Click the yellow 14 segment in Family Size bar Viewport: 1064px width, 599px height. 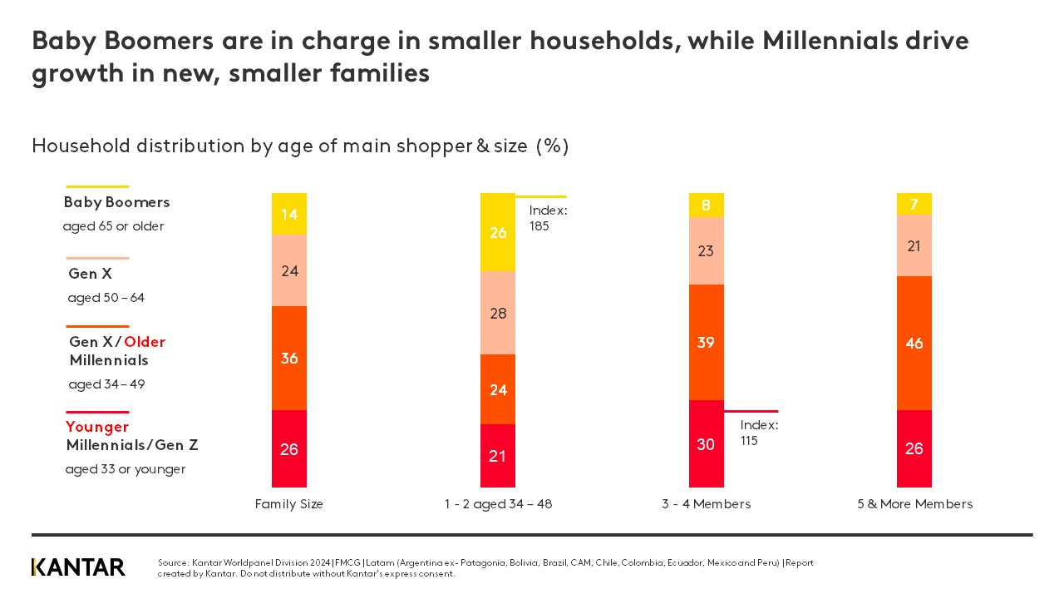tap(289, 214)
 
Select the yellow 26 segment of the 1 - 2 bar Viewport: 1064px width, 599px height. tap(498, 232)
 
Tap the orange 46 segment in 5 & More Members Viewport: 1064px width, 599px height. tap(914, 343)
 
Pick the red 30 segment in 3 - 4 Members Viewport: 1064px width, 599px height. tap(706, 444)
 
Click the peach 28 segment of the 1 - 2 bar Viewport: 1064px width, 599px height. tap(498, 313)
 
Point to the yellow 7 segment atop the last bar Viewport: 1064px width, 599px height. tap(914, 204)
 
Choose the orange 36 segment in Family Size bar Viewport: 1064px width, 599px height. tap(289, 358)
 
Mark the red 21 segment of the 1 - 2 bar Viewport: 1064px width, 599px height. tap(498, 456)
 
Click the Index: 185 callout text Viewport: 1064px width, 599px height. tap(548, 218)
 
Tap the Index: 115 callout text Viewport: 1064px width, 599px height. tap(759, 433)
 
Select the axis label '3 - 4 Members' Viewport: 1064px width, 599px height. tap(707, 504)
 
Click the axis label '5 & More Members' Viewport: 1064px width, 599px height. tap(914, 504)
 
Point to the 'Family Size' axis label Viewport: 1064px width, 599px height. tap(289, 504)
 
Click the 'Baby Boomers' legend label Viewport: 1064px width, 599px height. tap(116, 202)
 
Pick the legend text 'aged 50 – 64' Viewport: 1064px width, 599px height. tap(106, 298)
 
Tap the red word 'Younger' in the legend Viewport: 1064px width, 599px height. tap(97, 427)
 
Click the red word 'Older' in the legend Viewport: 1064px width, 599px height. tap(145, 342)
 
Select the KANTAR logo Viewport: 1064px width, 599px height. tap(78, 567)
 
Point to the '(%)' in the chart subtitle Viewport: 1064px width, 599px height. tap(552, 146)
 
